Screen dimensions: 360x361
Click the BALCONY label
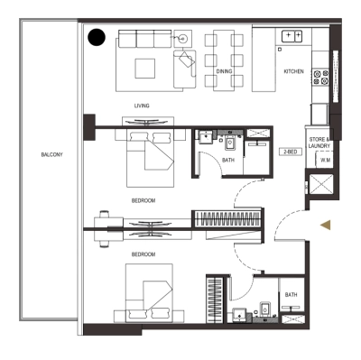tap(51, 154)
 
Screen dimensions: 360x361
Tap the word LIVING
tap(142, 106)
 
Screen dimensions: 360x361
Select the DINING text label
tap(223, 70)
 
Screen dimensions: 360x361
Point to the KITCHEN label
tap(294, 70)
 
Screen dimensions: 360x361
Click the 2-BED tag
tap(290, 152)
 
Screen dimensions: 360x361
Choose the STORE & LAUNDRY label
tap(322, 142)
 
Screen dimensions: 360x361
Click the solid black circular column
tap(97, 38)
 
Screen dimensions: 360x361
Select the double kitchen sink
tap(292, 36)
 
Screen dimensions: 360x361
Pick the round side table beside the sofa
tap(182, 39)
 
